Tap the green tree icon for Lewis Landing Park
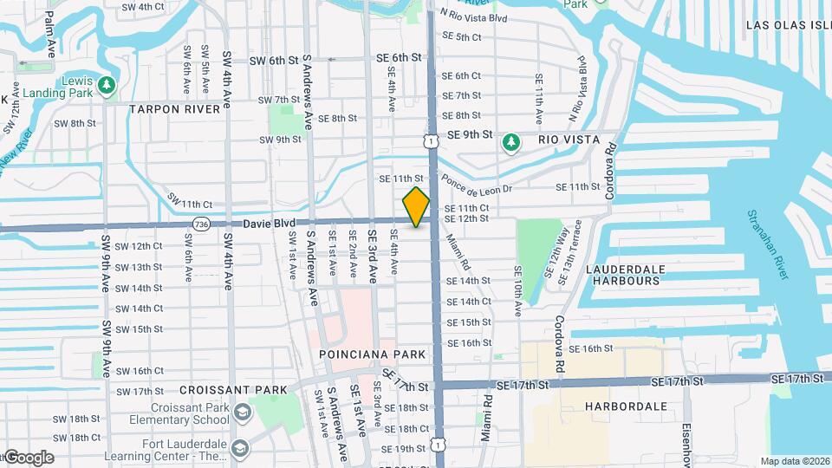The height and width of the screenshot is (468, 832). click(107, 85)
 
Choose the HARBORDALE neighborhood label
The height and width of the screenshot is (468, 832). click(626, 406)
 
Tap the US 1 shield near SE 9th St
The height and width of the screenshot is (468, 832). click(431, 140)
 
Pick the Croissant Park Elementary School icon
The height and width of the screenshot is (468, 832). click(240, 411)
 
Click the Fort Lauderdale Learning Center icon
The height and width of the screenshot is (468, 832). click(240, 448)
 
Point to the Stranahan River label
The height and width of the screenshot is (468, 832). click(777, 244)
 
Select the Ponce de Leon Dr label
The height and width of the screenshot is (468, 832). click(477, 185)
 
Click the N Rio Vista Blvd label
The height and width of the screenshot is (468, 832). click(472, 16)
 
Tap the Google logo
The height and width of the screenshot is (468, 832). click(28, 458)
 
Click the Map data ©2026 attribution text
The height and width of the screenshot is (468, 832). click(795, 461)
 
